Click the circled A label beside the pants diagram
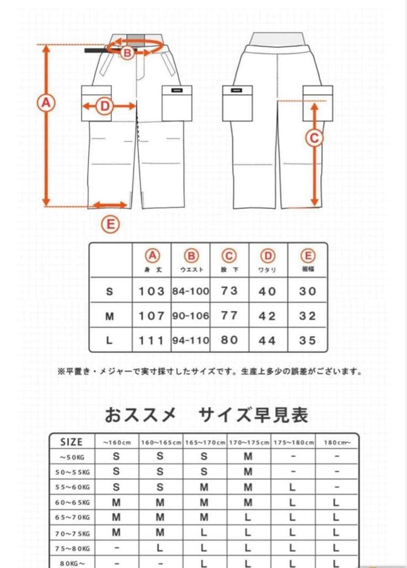point(46,103)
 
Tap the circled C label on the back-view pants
point(314,138)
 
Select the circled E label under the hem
point(110,225)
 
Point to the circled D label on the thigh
point(105,107)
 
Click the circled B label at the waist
point(127,53)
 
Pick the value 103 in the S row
point(152,291)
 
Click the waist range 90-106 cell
point(191,316)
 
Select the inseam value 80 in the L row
point(229,340)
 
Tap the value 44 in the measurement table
point(268,341)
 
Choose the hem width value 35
point(308,340)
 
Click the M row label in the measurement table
point(110,316)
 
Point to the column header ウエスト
point(191,270)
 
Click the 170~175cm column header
point(248,442)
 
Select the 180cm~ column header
point(337,442)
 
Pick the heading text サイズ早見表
point(253,415)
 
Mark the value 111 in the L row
point(152,340)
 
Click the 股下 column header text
point(229,270)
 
